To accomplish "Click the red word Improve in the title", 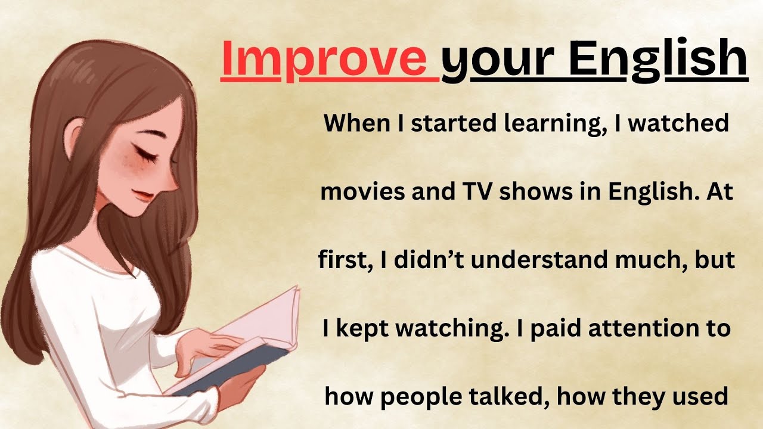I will click(x=330, y=58).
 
